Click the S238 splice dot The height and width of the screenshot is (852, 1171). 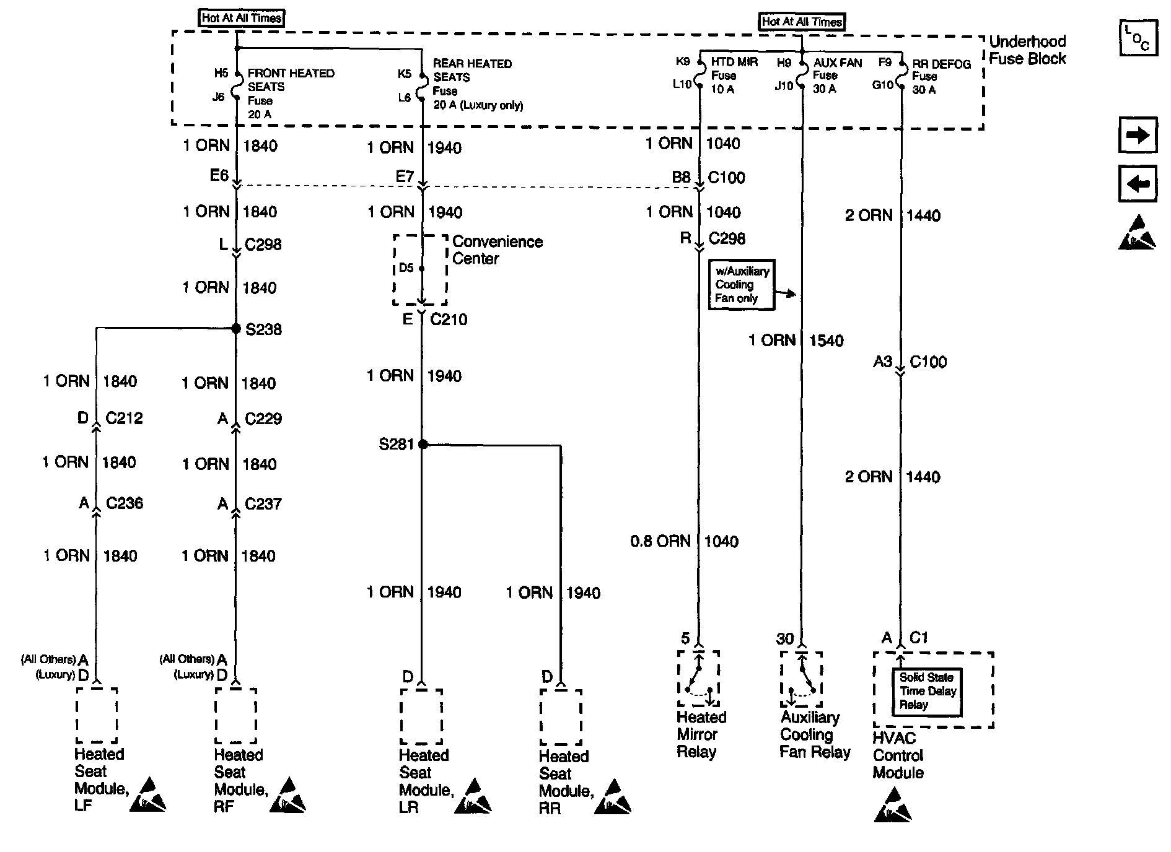236,329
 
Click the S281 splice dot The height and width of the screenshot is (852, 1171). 423,444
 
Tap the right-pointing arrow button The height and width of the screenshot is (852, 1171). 1138,135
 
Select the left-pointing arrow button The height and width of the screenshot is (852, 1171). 1138,184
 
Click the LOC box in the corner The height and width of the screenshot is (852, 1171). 1138,38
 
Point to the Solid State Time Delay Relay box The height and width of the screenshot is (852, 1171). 927,692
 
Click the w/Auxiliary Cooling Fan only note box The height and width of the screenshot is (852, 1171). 742,285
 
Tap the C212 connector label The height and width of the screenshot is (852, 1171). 124,418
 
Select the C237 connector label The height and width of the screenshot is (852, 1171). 263,504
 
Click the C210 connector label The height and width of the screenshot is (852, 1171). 449,319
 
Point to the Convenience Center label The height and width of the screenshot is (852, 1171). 497,250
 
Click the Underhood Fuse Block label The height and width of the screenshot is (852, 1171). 1027,50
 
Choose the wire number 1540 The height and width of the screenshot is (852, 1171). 826,341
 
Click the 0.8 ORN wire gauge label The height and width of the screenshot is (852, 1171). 660,541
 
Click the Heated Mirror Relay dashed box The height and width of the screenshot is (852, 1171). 698,679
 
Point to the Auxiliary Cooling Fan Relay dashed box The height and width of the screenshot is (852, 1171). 801,679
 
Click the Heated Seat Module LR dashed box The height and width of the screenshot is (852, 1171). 421,717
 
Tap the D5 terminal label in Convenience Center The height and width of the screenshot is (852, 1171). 406,268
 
